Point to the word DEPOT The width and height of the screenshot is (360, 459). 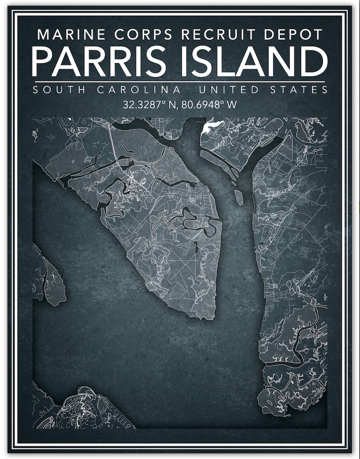pyautogui.click(x=292, y=34)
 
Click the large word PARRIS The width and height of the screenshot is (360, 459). pyautogui.click(x=99, y=61)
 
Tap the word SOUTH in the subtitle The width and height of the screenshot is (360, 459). pyautogui.click(x=59, y=90)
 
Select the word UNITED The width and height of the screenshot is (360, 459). pyautogui.click(x=228, y=90)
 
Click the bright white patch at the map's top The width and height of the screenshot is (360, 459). pyautogui.click(x=211, y=126)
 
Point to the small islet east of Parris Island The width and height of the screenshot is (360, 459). pyautogui.click(x=238, y=197)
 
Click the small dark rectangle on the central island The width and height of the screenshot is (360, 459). pyautogui.click(x=197, y=247)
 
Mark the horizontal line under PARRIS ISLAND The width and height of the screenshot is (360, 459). pyautogui.click(x=180, y=82)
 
